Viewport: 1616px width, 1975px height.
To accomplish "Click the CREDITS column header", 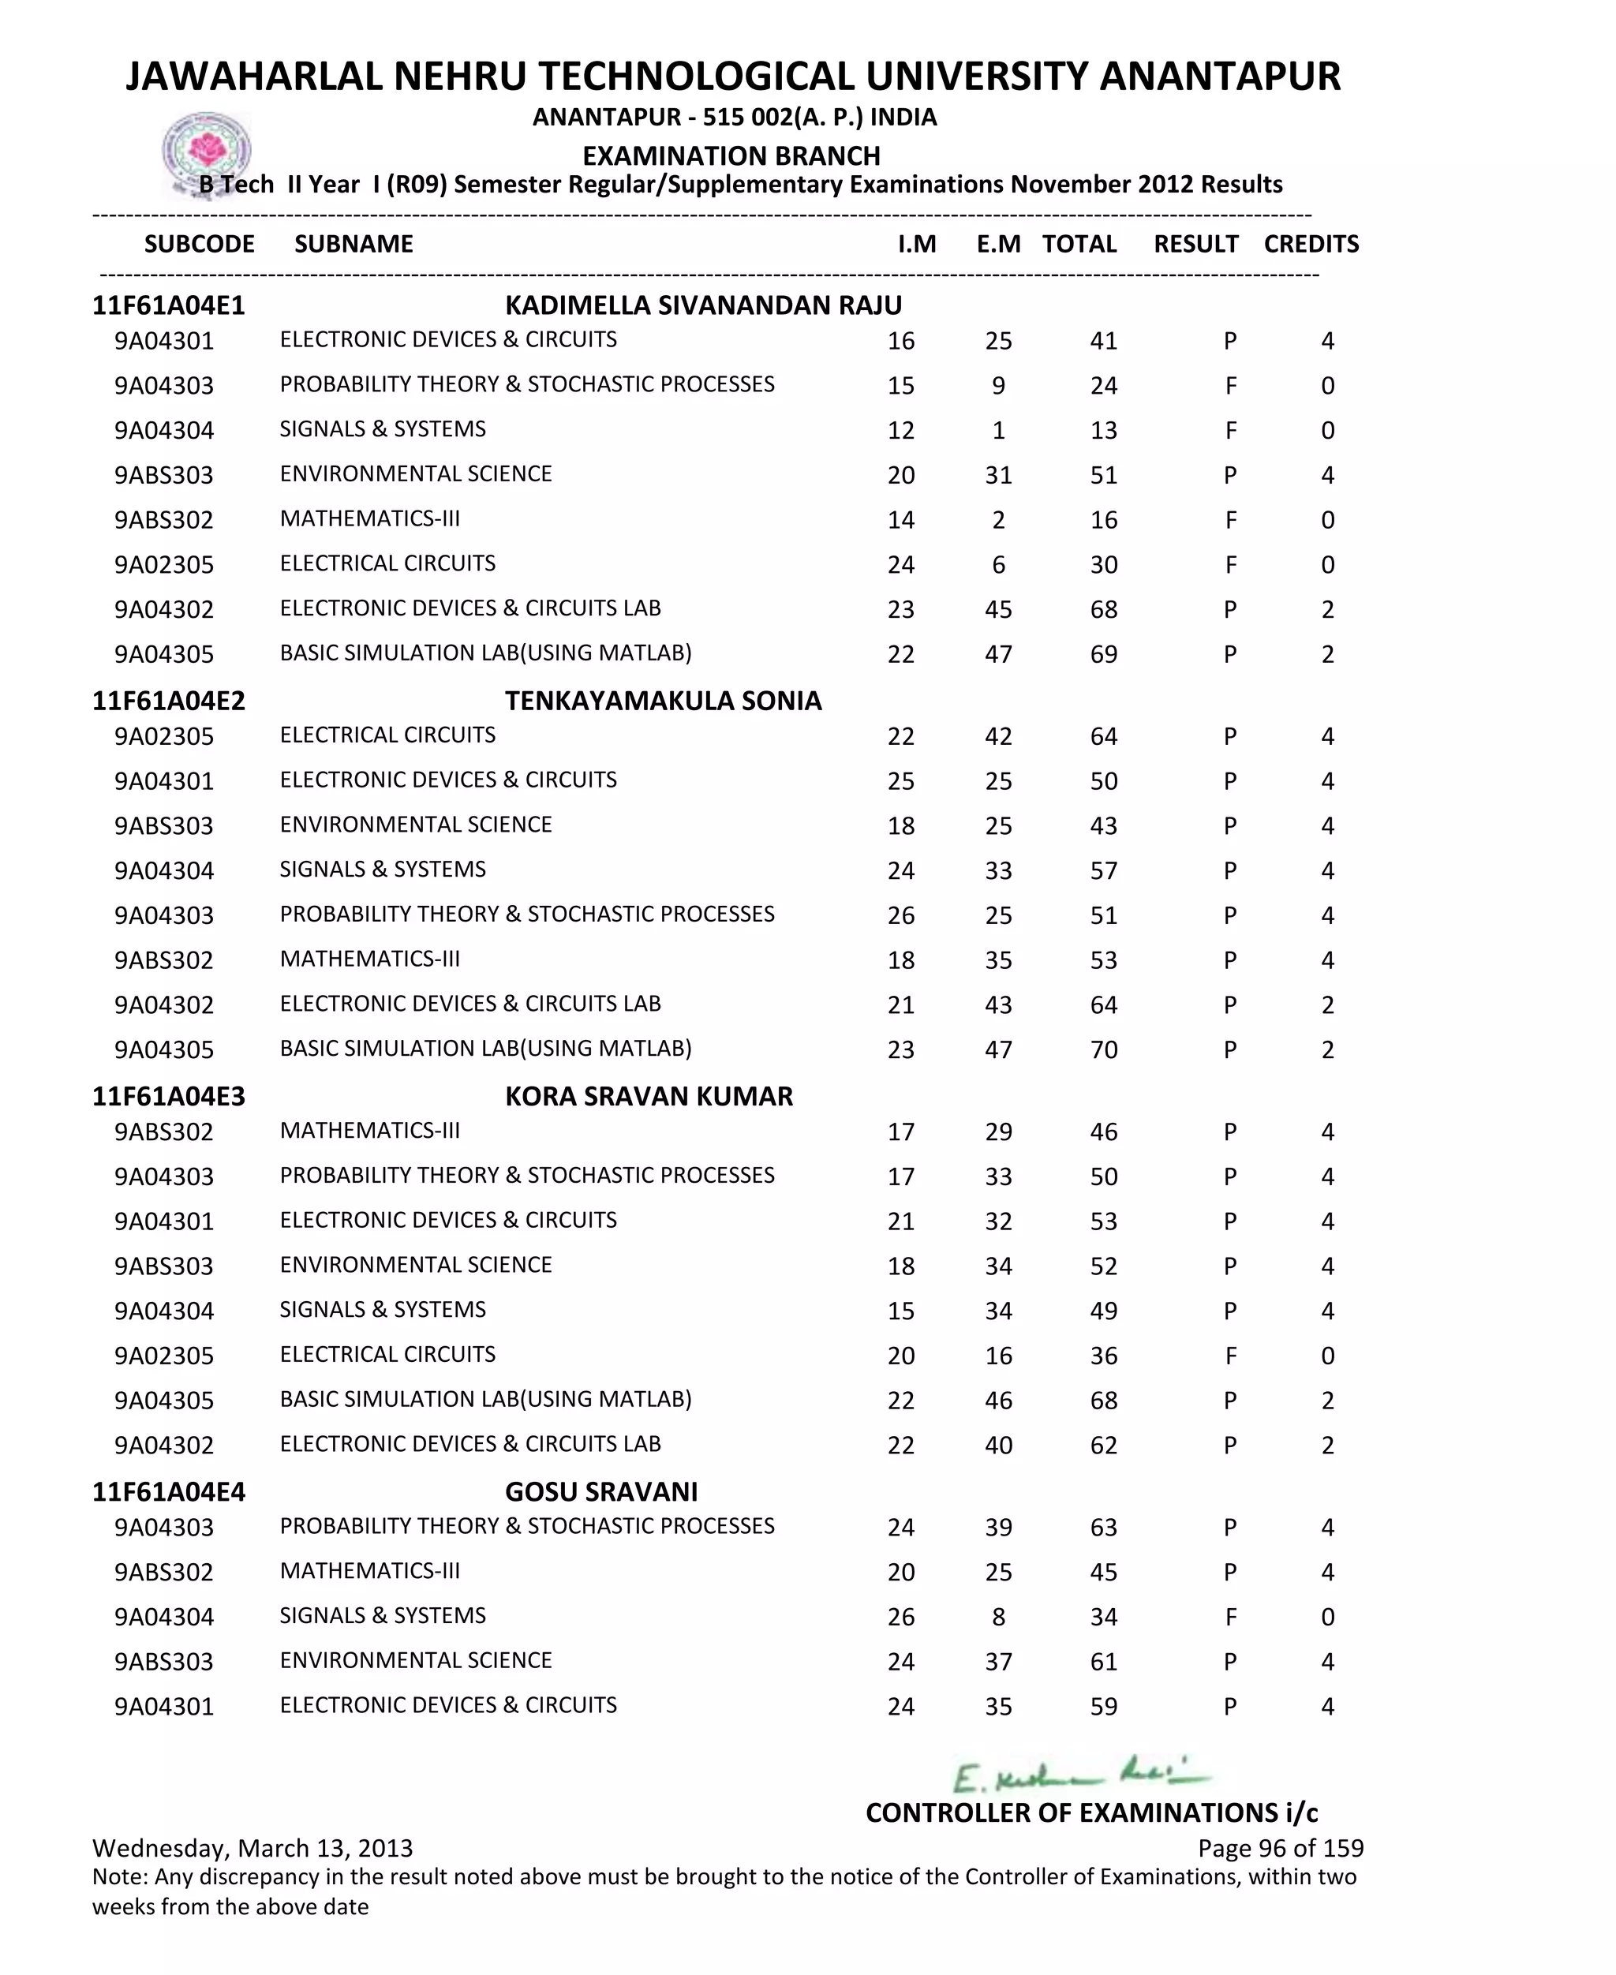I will (1311, 244).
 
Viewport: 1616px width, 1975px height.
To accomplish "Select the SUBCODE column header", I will (199, 244).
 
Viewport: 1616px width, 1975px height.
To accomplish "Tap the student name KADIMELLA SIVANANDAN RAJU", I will (703, 305).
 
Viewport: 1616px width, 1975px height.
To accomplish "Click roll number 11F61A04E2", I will (169, 701).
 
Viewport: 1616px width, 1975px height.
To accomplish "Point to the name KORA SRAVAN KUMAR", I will (649, 1097).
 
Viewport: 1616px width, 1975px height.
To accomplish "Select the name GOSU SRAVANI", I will (601, 1492).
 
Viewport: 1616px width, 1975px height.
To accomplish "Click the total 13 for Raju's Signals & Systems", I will (1103, 431).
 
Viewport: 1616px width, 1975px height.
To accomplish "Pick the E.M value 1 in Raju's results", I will (998, 431).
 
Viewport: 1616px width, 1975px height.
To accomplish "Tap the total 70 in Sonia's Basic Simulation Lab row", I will (1103, 1050).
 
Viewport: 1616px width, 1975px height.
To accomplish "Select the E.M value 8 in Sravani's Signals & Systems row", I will (998, 1618).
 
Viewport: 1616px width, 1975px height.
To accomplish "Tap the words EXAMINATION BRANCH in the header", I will (731, 155).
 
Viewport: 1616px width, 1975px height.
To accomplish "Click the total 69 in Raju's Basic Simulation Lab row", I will (1103, 654).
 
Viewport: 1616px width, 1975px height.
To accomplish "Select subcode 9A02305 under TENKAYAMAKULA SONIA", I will (164, 737).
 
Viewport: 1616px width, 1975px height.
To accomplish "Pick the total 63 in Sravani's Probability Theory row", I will (1103, 1528).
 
